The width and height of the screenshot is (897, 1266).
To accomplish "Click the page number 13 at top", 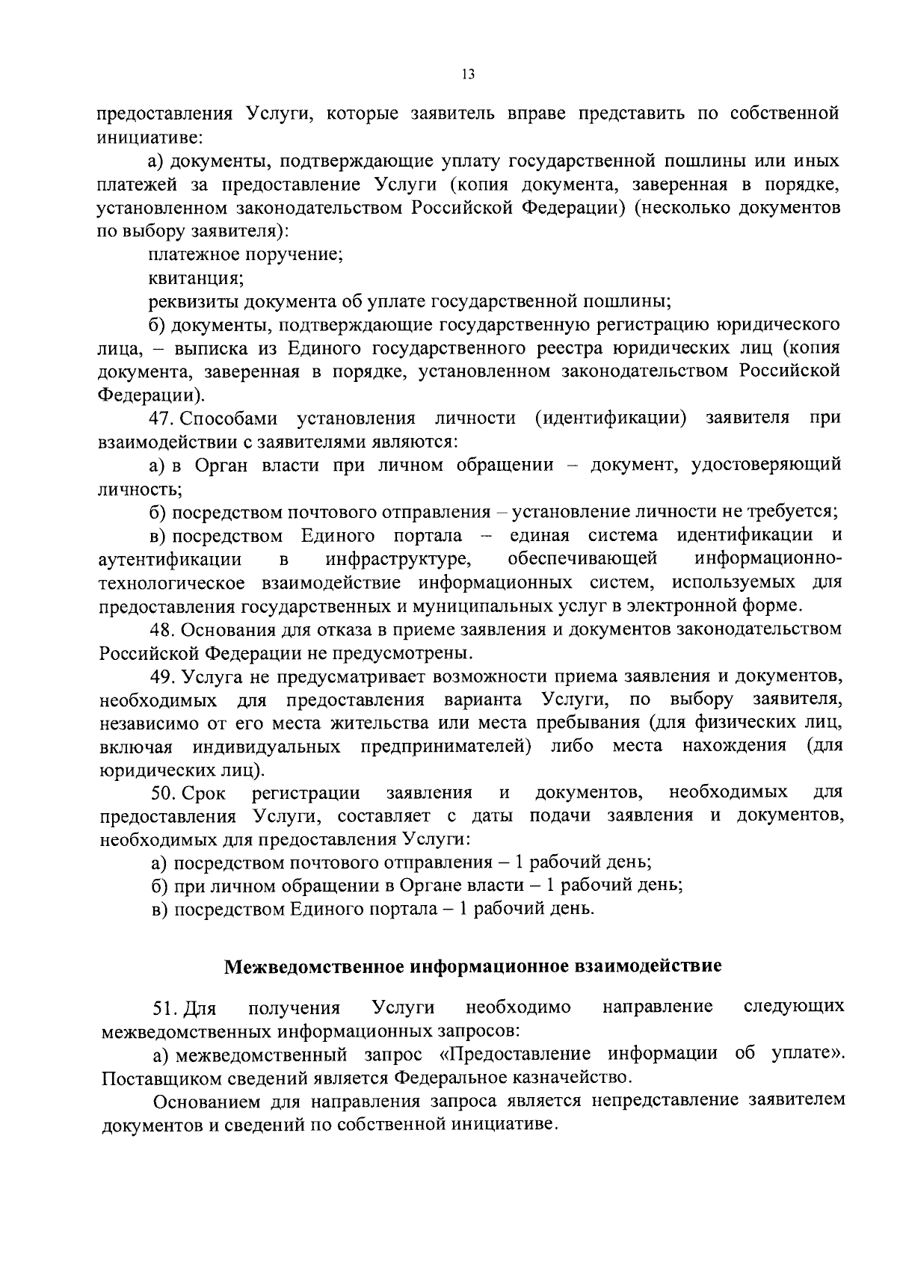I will [x=468, y=74].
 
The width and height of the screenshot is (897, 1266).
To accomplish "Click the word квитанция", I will [x=196, y=278].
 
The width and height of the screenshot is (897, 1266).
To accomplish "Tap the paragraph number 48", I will [x=164, y=629].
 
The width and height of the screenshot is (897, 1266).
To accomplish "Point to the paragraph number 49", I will [x=164, y=676].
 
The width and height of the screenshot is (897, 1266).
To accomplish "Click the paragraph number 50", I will [x=164, y=792].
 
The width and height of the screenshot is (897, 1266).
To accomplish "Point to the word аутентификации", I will [x=170, y=559].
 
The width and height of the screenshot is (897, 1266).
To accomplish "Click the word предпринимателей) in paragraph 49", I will [x=446, y=747].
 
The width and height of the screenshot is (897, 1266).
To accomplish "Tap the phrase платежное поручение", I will [x=246, y=255].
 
